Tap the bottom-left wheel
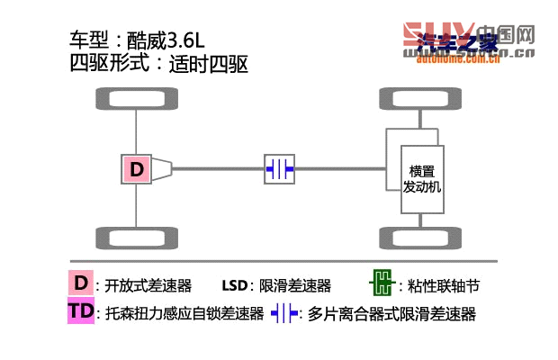pos(136,239)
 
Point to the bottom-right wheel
pos(420,239)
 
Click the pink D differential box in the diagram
pos(137,168)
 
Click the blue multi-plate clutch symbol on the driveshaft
pos(279,168)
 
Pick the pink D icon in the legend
pos(81,284)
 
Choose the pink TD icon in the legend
pos(81,312)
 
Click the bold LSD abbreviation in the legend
pos(235,286)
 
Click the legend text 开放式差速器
pos(148,286)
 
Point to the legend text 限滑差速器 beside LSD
pos(295,286)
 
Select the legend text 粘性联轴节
pos(444,286)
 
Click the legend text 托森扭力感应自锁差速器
pos(184,314)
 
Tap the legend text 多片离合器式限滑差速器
pos(391,314)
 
